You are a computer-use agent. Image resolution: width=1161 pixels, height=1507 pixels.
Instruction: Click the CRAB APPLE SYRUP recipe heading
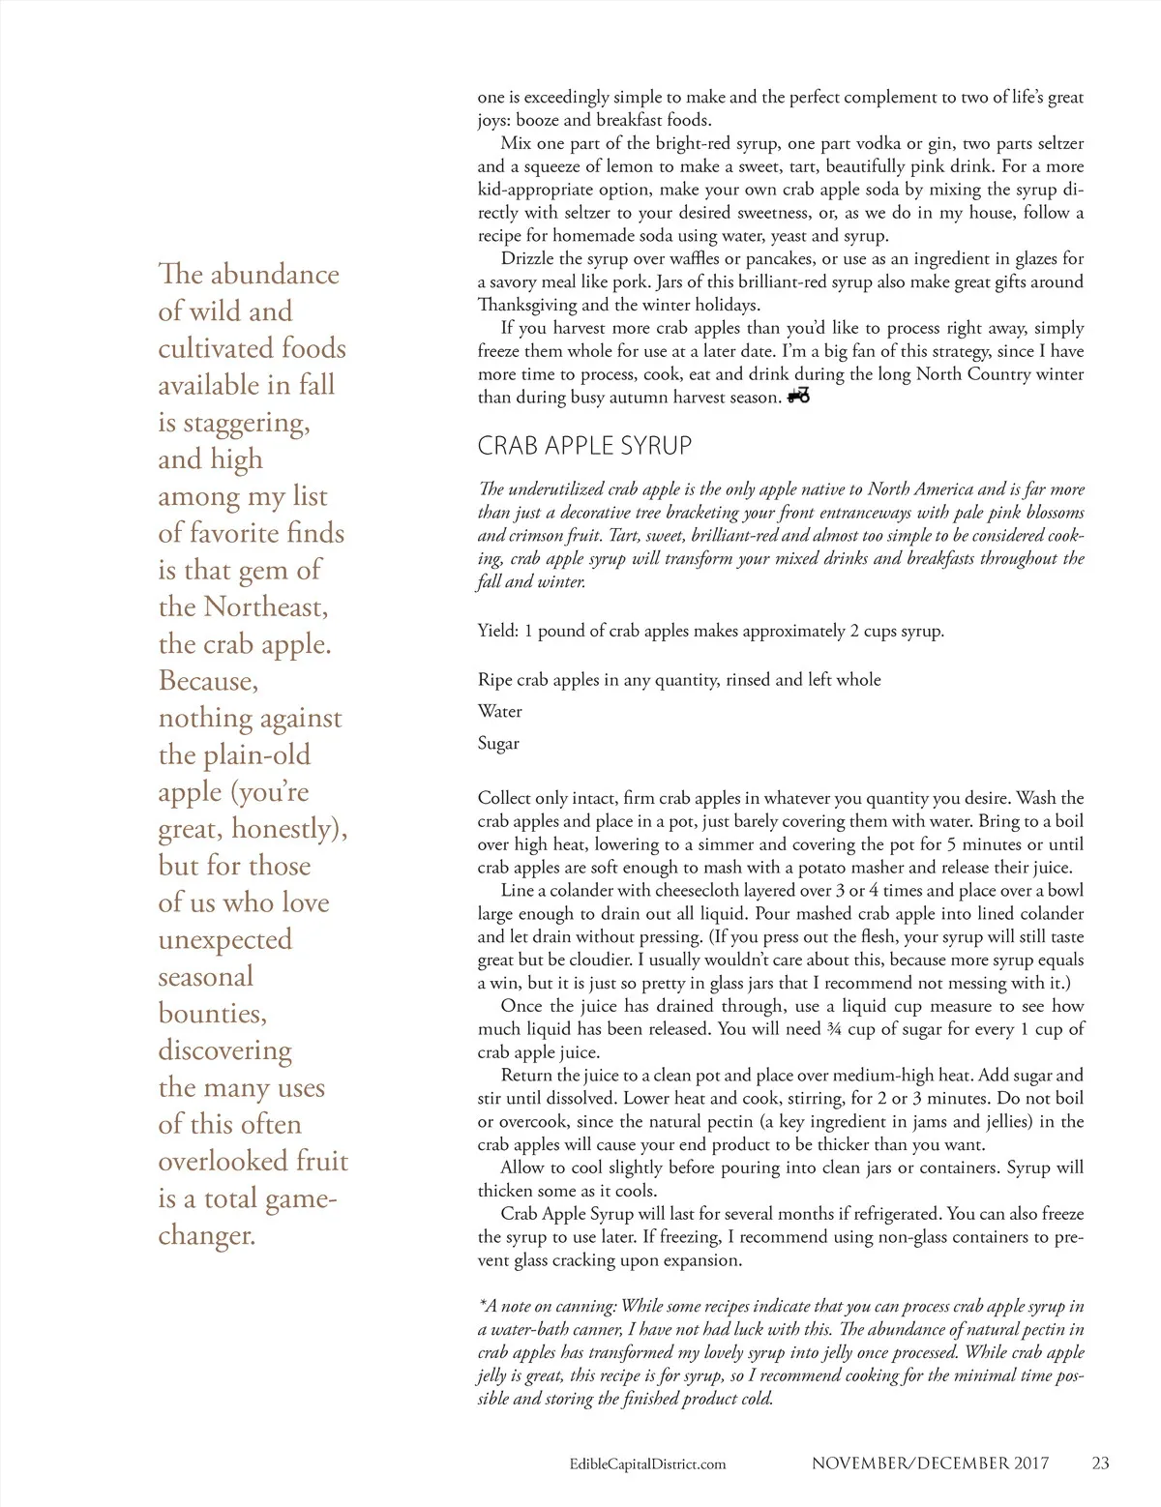coord(584,446)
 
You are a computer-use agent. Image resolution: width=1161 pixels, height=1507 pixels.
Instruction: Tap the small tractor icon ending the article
coord(798,396)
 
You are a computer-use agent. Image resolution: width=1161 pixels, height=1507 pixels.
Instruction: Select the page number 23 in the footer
coord(1100,1463)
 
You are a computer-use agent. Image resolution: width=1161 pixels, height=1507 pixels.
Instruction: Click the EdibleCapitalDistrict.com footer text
coord(647,1464)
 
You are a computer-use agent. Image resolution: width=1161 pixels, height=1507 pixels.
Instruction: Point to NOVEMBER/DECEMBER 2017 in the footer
coord(930,1463)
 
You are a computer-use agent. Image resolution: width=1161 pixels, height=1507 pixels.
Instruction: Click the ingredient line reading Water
coord(499,712)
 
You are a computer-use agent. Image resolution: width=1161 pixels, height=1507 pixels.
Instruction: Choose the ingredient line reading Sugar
coord(498,744)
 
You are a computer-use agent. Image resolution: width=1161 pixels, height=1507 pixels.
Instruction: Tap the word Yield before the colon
coord(496,632)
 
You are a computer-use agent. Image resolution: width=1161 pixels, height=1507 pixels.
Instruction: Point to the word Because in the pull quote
coord(208,681)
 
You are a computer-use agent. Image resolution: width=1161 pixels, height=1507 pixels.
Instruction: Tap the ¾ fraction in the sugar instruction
coord(834,1029)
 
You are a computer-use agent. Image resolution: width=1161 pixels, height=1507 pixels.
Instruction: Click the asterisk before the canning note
coord(481,1305)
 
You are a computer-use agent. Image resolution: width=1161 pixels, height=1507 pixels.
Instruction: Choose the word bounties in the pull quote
coord(212,1014)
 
